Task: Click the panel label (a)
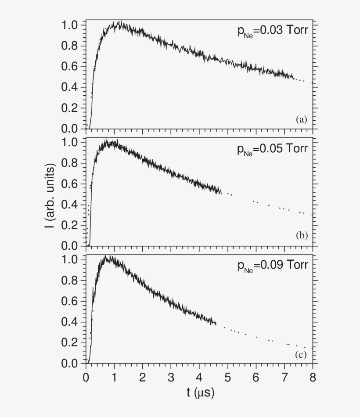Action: (301, 119)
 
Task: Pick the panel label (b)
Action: (301, 236)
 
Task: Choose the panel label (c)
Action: (301, 354)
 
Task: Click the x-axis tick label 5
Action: (227, 377)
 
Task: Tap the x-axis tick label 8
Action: (313, 377)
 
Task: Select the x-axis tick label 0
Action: (86, 377)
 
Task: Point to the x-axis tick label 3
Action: (171, 377)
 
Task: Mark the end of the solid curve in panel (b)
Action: (222, 191)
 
